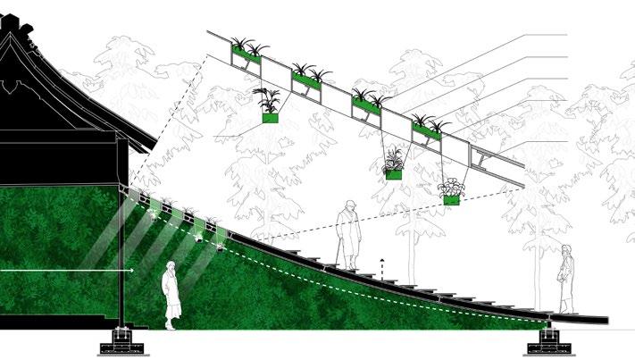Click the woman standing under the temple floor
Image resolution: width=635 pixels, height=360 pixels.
click(171, 295)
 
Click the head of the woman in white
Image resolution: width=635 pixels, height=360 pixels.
click(171, 268)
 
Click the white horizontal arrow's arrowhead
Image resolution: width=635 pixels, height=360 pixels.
click(132, 269)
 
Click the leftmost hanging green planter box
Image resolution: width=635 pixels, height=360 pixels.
click(271, 117)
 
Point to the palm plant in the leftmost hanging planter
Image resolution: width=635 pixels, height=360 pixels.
click(269, 98)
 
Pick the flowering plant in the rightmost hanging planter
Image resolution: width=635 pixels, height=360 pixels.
click(453, 188)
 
